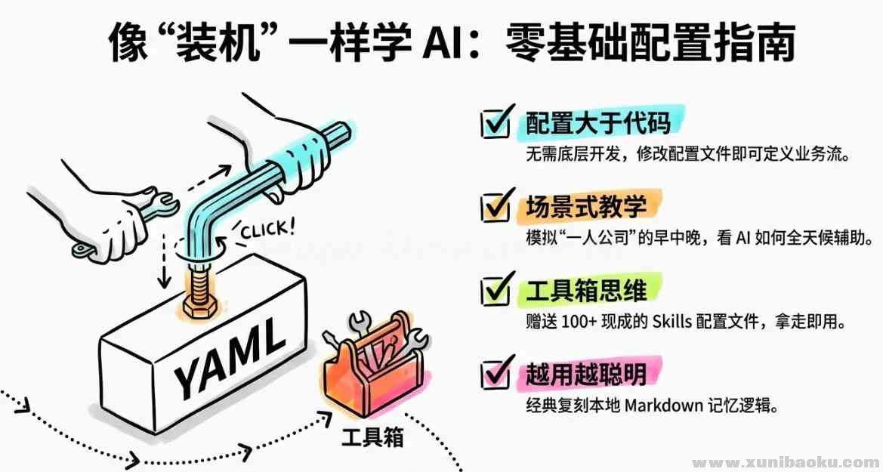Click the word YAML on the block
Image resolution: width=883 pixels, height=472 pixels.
[x=227, y=359]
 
